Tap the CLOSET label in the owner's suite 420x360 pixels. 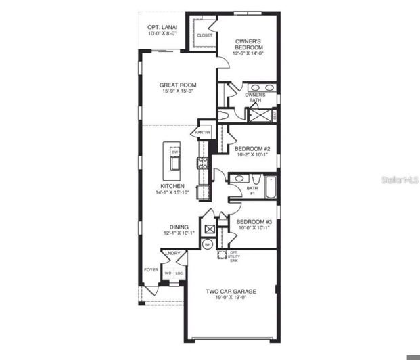coord(204,35)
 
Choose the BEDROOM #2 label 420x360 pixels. coord(252,150)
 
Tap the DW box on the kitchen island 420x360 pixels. coord(174,153)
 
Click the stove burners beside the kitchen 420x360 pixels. coord(202,162)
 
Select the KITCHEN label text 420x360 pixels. coord(172,185)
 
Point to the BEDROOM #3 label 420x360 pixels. coord(253,223)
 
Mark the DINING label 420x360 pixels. coord(179,228)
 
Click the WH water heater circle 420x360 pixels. coord(208,244)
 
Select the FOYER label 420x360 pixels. coord(151,269)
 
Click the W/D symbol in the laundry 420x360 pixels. coord(168,273)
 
